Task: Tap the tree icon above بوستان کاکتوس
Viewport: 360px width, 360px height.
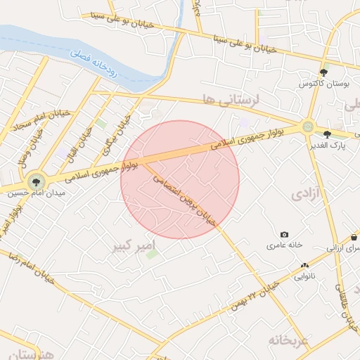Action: [x=324, y=72]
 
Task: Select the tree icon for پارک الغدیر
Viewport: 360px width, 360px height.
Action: [x=327, y=134]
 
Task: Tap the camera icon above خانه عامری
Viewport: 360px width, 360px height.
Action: [x=284, y=234]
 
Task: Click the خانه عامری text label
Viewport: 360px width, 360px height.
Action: [x=284, y=245]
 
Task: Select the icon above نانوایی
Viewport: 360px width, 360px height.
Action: [x=304, y=266]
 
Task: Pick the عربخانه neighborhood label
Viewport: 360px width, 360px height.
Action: [x=288, y=340]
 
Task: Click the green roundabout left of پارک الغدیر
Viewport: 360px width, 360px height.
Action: [x=307, y=127]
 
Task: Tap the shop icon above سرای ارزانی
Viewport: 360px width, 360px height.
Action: [x=354, y=238]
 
